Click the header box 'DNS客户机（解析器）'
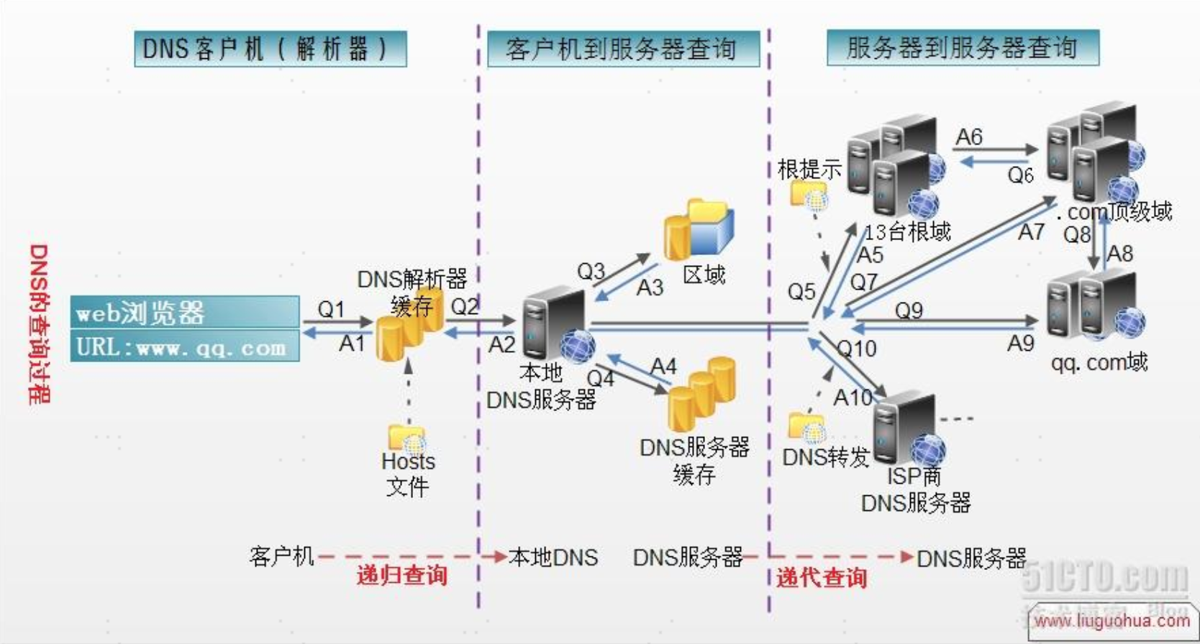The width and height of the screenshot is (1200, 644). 270,49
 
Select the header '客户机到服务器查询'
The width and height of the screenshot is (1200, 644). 623,49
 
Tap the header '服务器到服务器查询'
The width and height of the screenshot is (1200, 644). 963,47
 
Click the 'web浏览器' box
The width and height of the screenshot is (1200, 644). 185,313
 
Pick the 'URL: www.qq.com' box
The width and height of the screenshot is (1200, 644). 185,346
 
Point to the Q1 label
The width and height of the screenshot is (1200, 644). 332,309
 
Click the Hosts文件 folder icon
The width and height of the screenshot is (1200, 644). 406,437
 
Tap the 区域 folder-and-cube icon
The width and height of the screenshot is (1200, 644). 698,229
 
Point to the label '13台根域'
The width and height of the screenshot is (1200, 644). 907,231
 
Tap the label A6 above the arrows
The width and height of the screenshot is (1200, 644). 969,137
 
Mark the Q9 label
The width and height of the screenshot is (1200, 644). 909,310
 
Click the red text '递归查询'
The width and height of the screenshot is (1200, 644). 401,575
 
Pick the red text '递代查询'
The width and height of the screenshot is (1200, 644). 821,577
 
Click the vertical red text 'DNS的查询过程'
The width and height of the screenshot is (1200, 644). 39,323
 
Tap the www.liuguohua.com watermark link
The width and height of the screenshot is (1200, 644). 1112,620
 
